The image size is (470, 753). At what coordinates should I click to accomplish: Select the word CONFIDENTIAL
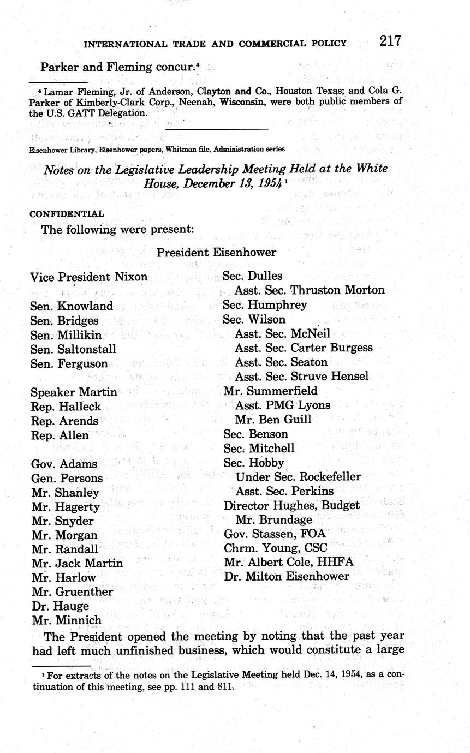(x=67, y=214)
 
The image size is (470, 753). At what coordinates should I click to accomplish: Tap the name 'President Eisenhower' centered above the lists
(x=216, y=252)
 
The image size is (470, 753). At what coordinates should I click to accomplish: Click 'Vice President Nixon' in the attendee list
(x=88, y=277)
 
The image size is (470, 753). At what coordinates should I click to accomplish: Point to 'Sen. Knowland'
(x=71, y=306)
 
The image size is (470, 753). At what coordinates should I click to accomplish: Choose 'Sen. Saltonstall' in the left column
(x=73, y=349)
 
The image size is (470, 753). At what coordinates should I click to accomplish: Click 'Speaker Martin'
(x=73, y=392)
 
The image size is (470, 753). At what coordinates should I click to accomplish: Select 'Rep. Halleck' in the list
(x=66, y=407)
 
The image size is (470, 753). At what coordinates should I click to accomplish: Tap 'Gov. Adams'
(x=63, y=464)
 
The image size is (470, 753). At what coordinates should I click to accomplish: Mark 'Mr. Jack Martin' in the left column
(x=77, y=563)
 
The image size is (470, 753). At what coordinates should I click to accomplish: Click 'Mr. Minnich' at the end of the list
(x=67, y=620)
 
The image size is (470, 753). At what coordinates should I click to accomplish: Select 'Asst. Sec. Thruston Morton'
(x=310, y=290)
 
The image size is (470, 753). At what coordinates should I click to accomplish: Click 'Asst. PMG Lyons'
(x=282, y=405)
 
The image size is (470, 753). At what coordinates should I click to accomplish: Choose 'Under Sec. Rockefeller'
(x=298, y=477)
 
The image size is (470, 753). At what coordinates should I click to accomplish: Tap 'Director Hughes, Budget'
(x=291, y=506)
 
